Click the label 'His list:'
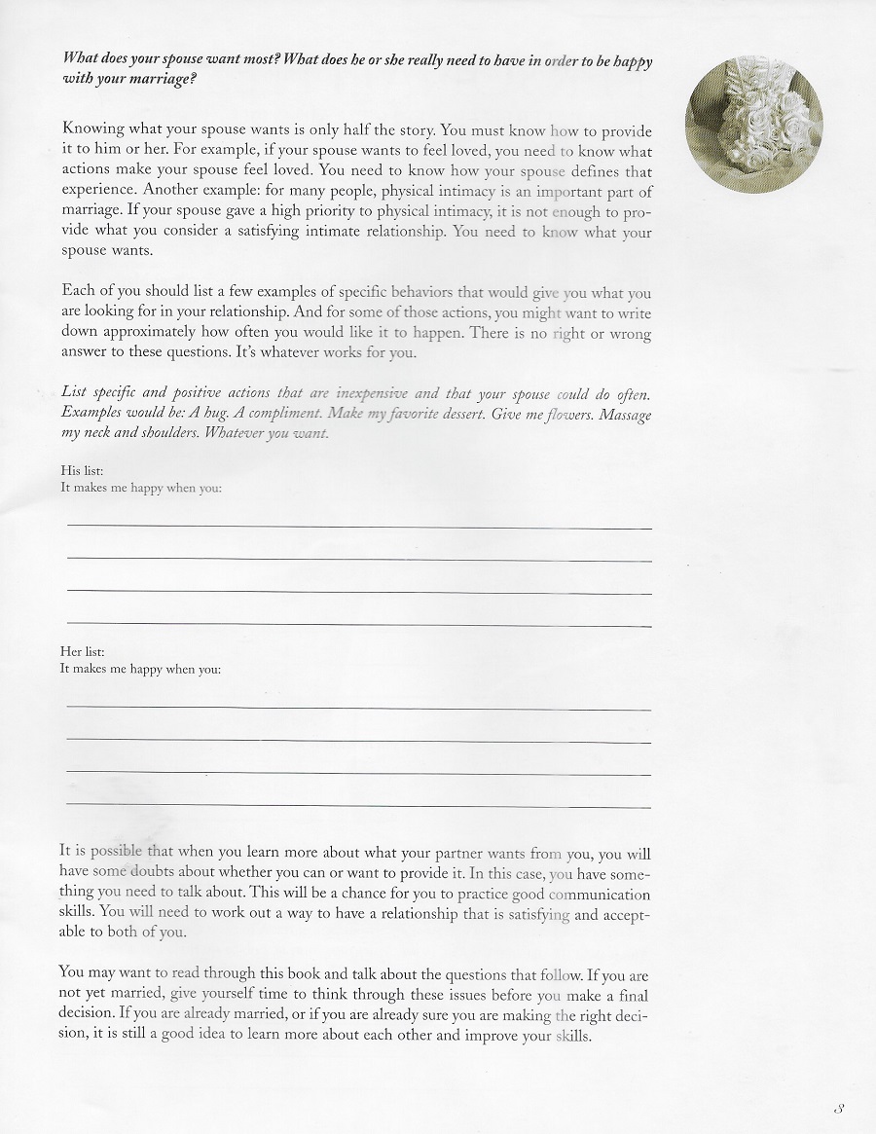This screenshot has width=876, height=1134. point(82,471)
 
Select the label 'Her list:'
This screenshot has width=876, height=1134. point(82,652)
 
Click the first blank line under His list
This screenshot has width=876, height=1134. point(358,527)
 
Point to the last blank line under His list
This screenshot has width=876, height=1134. point(358,624)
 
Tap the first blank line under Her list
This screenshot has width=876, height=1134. point(358,708)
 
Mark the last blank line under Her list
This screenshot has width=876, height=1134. point(358,807)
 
